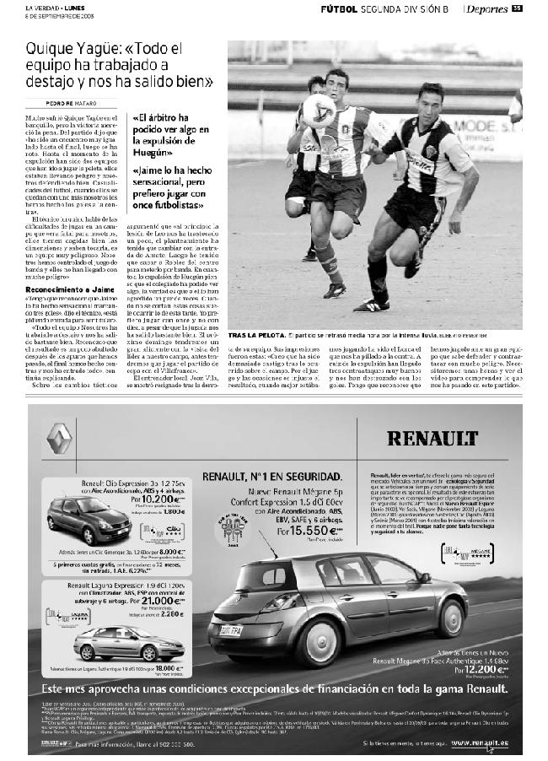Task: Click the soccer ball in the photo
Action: tap(320, 110)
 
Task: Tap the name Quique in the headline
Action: tap(49, 50)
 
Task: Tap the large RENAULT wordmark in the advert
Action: tap(434, 439)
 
